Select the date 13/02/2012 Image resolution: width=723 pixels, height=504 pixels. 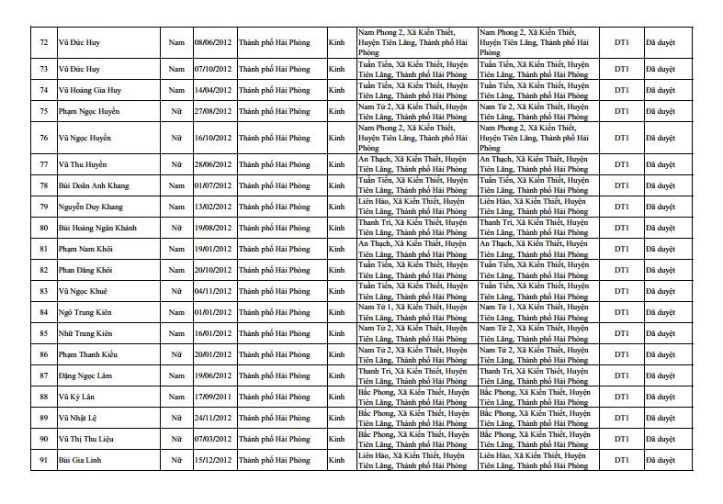point(212,207)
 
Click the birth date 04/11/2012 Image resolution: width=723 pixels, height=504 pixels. point(212,291)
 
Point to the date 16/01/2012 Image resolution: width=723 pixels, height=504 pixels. point(212,333)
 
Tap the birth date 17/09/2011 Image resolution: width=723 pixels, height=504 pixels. point(212,397)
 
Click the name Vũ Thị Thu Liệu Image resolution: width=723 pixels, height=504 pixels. point(85,439)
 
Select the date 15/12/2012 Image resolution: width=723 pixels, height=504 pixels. point(212,460)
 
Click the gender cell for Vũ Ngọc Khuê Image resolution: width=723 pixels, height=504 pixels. point(176,291)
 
